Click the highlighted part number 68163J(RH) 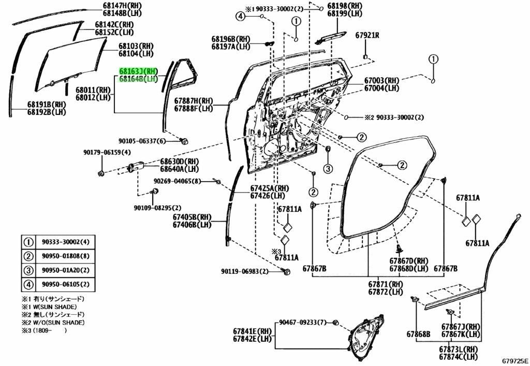coord(138,71)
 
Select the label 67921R coord(367,36)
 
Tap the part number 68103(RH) coord(136,46)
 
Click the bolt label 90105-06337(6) coord(142,141)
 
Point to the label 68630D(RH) coord(179,161)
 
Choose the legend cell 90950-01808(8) coord(66,256)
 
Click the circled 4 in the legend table coord(28,285)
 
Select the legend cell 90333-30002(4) coord(66,242)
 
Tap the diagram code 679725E coord(515,361)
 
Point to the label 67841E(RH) coord(252,331)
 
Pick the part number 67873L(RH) coord(458,349)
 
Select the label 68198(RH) coord(344,6)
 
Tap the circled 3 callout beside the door coord(329,168)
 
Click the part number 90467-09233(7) coord(303,323)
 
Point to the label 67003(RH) coord(381,81)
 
